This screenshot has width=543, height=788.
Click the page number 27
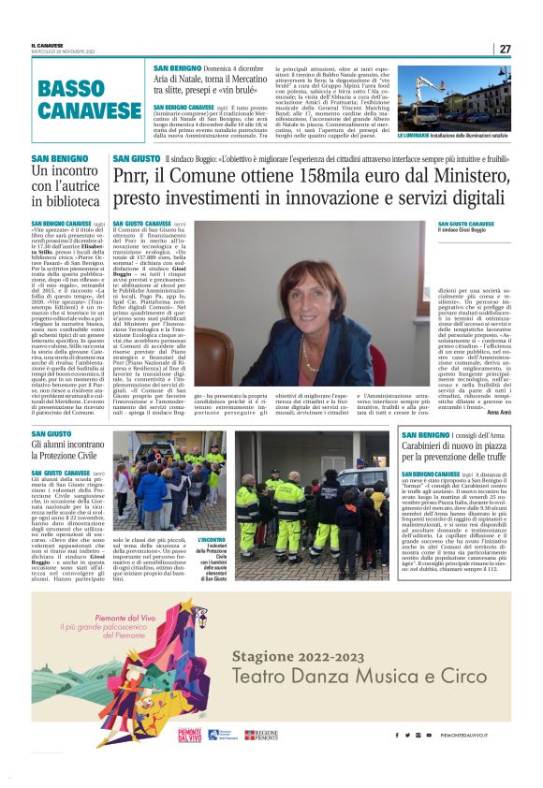(x=505, y=49)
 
